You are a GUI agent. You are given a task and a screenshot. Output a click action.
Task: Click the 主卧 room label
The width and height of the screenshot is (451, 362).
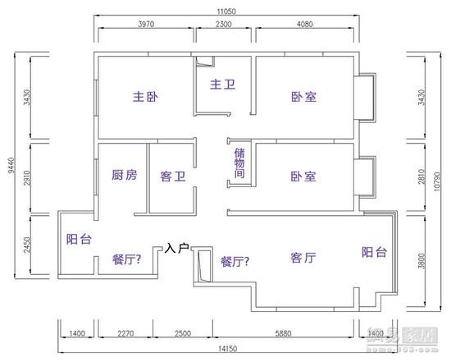[x=144, y=97]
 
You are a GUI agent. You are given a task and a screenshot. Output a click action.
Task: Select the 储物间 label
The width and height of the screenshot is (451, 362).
[x=239, y=164]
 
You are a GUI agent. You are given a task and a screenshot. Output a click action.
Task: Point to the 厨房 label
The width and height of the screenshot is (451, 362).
[x=124, y=176]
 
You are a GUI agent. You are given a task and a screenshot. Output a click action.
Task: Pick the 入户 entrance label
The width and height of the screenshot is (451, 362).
[x=177, y=246]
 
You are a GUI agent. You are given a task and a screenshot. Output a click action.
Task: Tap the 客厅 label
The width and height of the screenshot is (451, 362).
[x=303, y=259]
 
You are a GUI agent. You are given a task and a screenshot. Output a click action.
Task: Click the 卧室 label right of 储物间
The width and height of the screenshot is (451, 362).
[x=303, y=176]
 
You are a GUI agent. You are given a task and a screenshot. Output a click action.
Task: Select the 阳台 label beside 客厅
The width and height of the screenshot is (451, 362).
[x=375, y=253]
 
